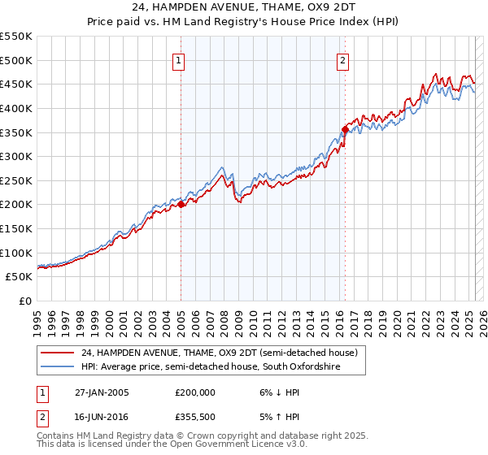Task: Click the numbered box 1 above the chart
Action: pyautogui.click(x=177, y=59)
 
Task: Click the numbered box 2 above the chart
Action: pyautogui.click(x=342, y=59)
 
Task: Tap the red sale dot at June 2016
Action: pyautogui.click(x=345, y=129)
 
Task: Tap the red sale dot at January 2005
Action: pyautogui.click(x=181, y=205)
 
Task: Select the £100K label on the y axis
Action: pyautogui.click(x=17, y=253)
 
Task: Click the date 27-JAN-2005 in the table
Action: pyautogui.click(x=102, y=392)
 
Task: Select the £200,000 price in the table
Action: pyautogui.click(x=195, y=392)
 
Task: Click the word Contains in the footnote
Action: pyautogui.click(x=58, y=436)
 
